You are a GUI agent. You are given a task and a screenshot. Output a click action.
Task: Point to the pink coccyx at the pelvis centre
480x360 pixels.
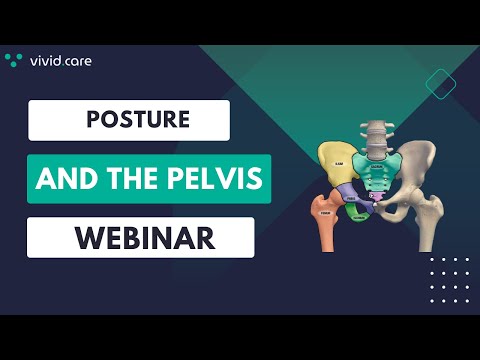(x=377, y=207)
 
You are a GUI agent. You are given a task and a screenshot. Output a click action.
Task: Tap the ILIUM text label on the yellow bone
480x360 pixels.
(x=340, y=163)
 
